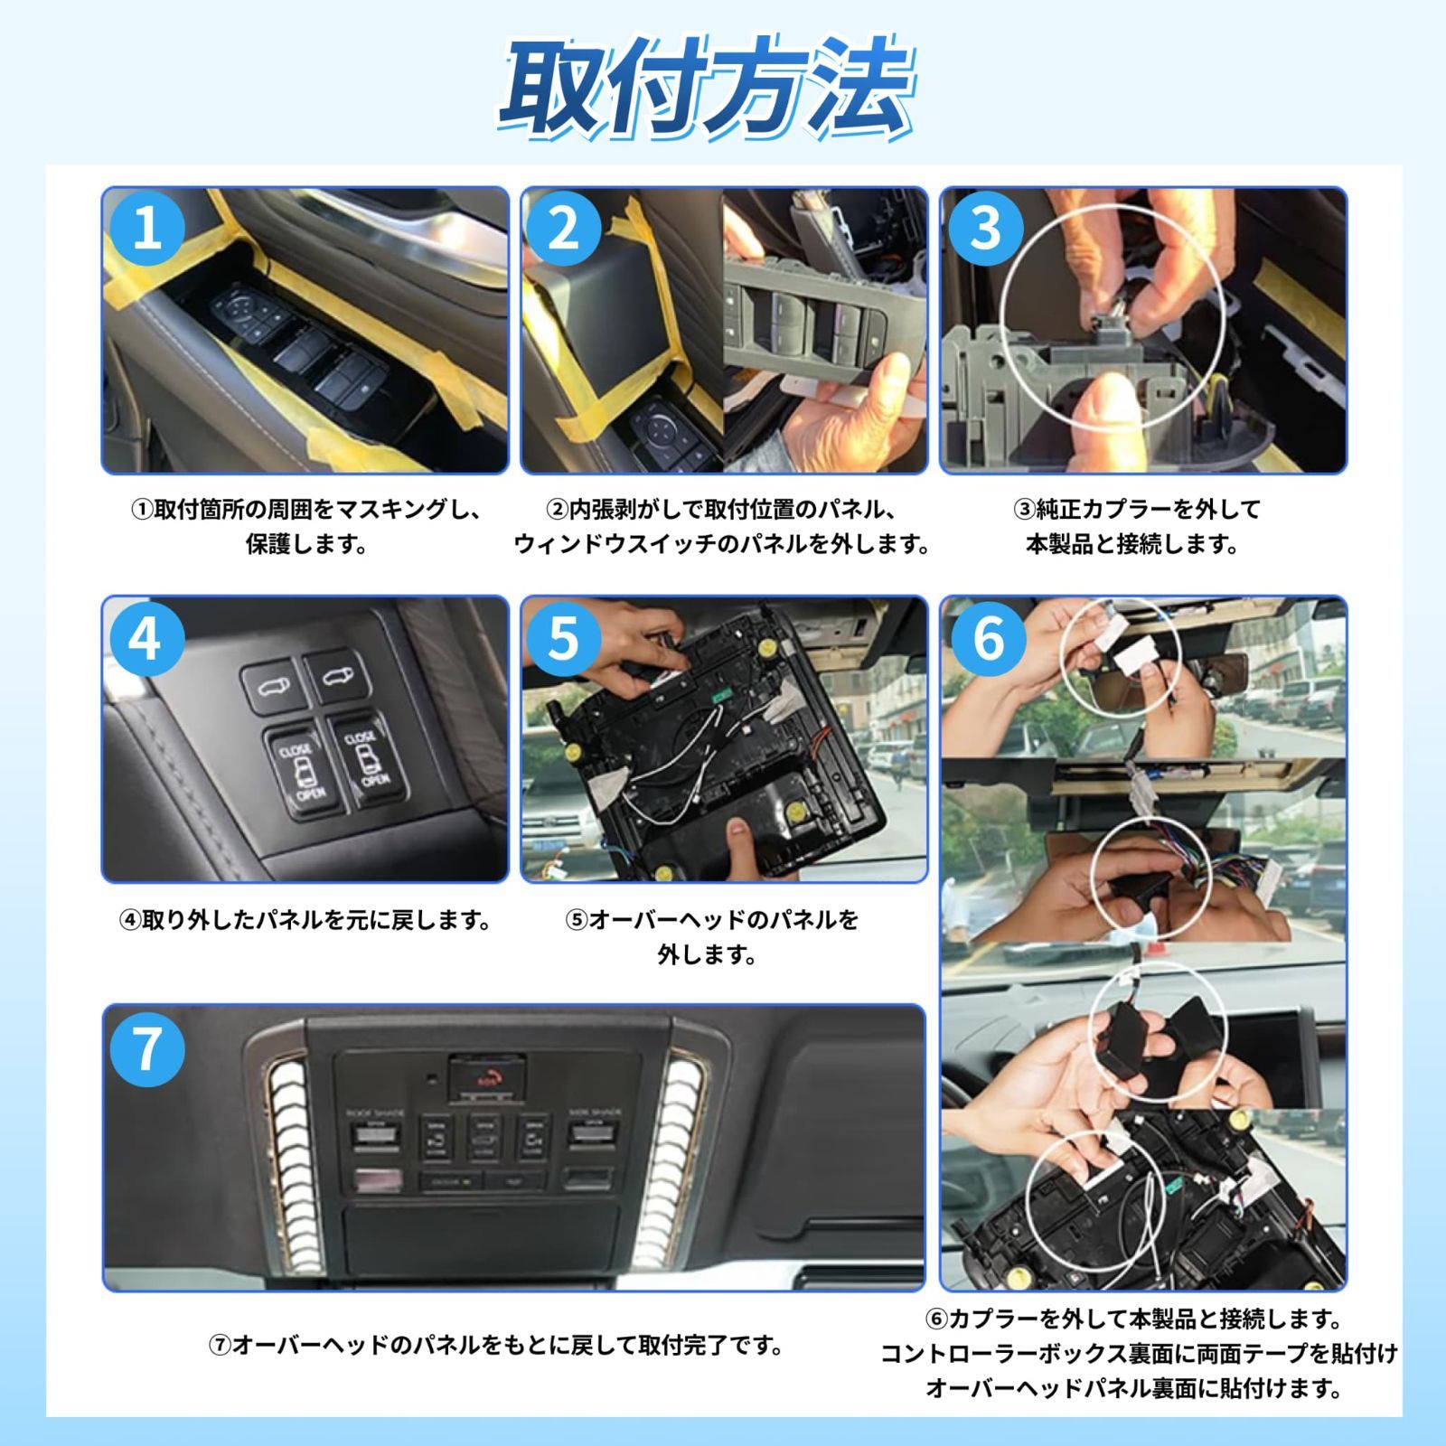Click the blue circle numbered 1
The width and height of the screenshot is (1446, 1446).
(146, 227)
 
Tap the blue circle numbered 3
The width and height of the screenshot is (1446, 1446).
(984, 227)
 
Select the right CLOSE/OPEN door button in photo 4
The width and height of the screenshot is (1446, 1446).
(365, 757)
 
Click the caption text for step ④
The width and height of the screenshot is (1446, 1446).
(305, 920)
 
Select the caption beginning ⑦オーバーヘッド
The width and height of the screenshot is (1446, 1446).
(495, 1345)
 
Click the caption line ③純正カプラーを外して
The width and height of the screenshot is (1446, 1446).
(1135, 510)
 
